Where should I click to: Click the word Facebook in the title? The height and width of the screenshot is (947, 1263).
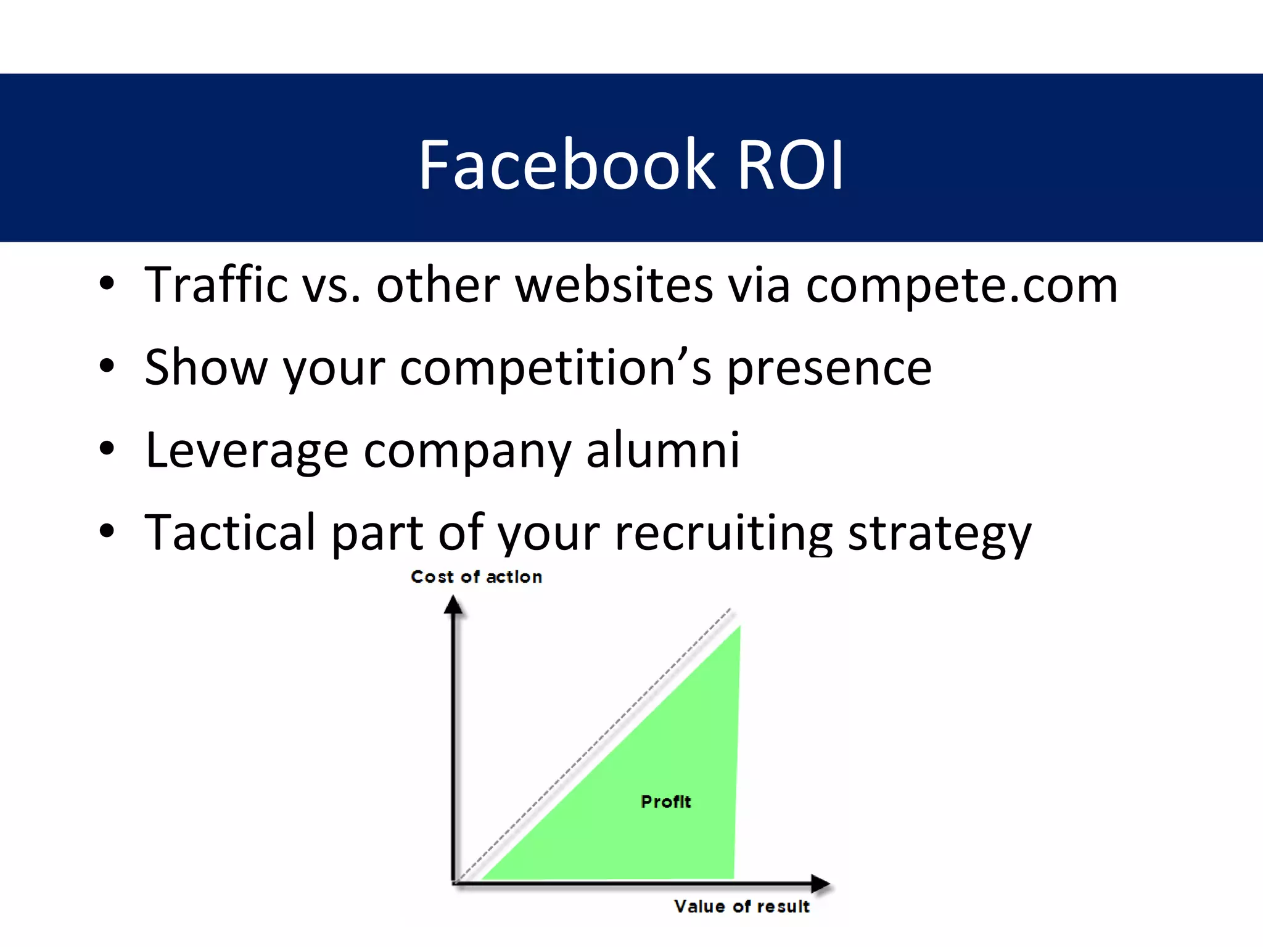[566, 165]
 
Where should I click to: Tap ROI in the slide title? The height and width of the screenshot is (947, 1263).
[791, 165]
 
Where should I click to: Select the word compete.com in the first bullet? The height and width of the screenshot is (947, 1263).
[961, 286]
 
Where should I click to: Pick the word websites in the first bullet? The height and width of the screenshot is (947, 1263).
[614, 286]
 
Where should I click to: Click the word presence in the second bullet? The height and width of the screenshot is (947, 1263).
[829, 369]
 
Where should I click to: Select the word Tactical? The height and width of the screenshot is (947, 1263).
[230, 533]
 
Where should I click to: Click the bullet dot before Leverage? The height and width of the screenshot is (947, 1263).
[107, 449]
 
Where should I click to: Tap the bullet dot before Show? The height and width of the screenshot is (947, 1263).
[107, 366]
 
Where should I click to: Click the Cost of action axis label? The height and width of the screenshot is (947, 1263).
[476, 577]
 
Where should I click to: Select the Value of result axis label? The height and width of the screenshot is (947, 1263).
[741, 906]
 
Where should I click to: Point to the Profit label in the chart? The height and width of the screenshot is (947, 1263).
[666, 801]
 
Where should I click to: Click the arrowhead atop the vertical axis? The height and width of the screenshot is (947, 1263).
[453, 605]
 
